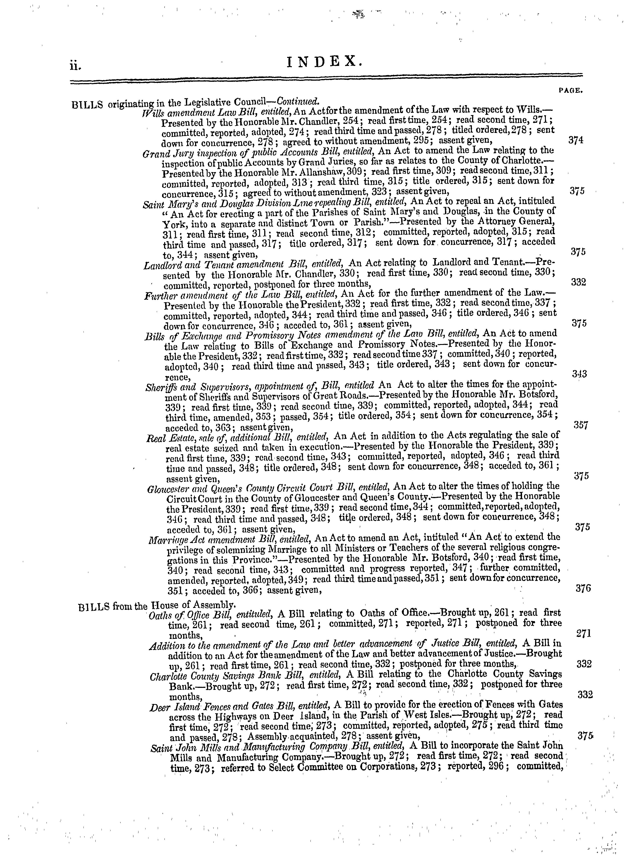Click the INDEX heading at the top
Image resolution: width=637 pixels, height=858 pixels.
[325, 61]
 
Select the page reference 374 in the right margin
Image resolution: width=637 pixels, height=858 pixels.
[576, 140]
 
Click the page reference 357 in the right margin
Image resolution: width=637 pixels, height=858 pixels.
[581, 425]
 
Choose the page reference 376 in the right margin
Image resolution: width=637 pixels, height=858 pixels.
[583, 589]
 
